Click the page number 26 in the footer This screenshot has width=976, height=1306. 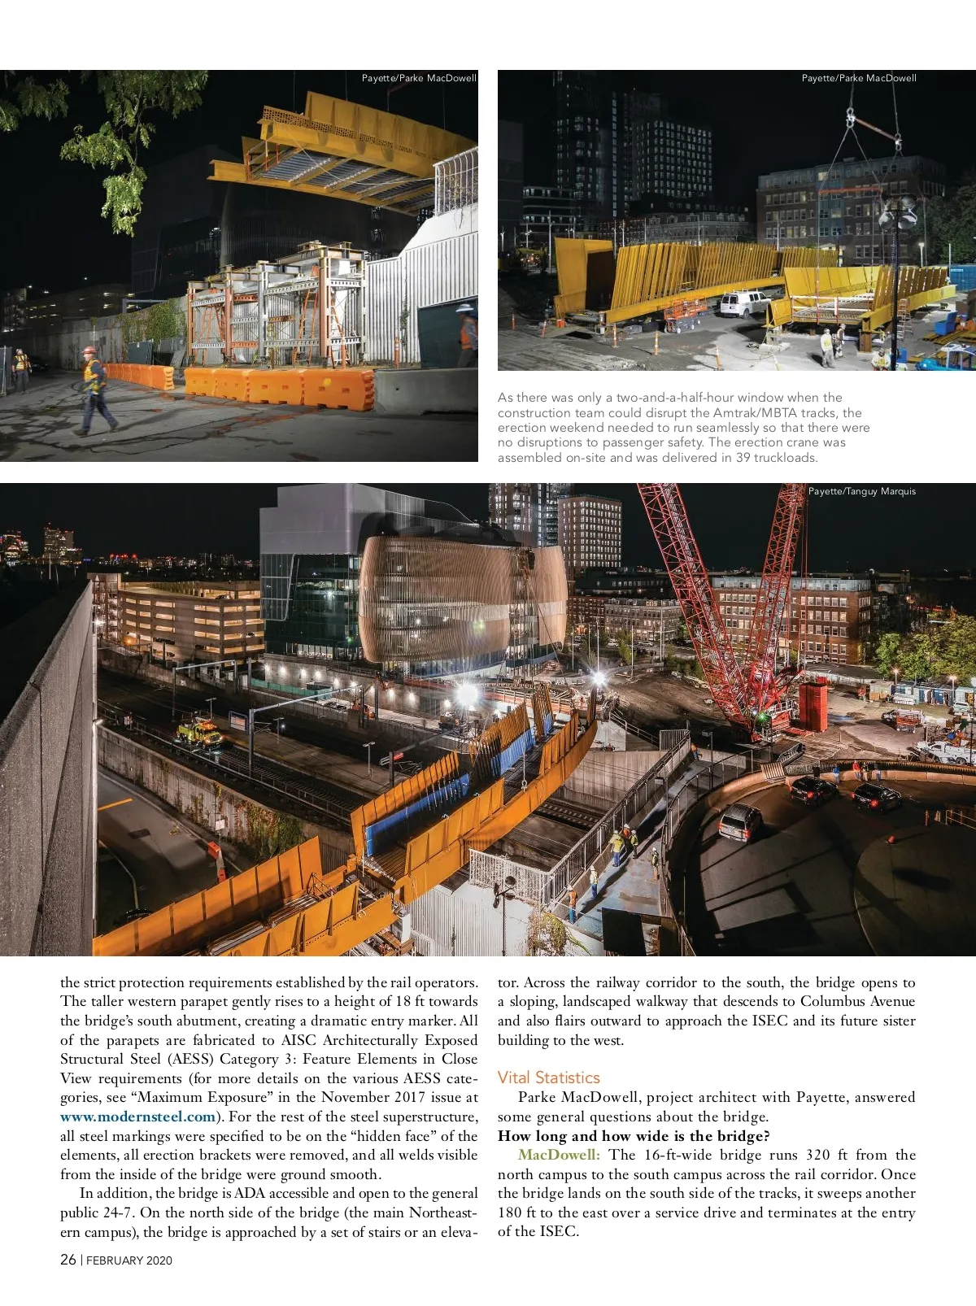click(x=68, y=1260)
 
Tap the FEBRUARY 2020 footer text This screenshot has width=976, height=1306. click(x=129, y=1260)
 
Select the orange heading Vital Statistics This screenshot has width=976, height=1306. click(x=548, y=1077)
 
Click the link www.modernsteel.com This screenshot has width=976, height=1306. click(x=137, y=1117)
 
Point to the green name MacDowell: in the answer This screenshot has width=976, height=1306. click(x=559, y=1155)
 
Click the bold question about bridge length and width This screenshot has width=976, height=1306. click(x=634, y=1136)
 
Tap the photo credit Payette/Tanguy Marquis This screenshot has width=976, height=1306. click(x=861, y=491)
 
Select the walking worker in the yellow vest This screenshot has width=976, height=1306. click(x=95, y=388)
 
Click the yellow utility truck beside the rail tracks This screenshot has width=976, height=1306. click(x=199, y=733)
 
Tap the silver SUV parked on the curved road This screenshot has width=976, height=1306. click(x=739, y=821)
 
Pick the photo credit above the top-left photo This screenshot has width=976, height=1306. click(x=419, y=78)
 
